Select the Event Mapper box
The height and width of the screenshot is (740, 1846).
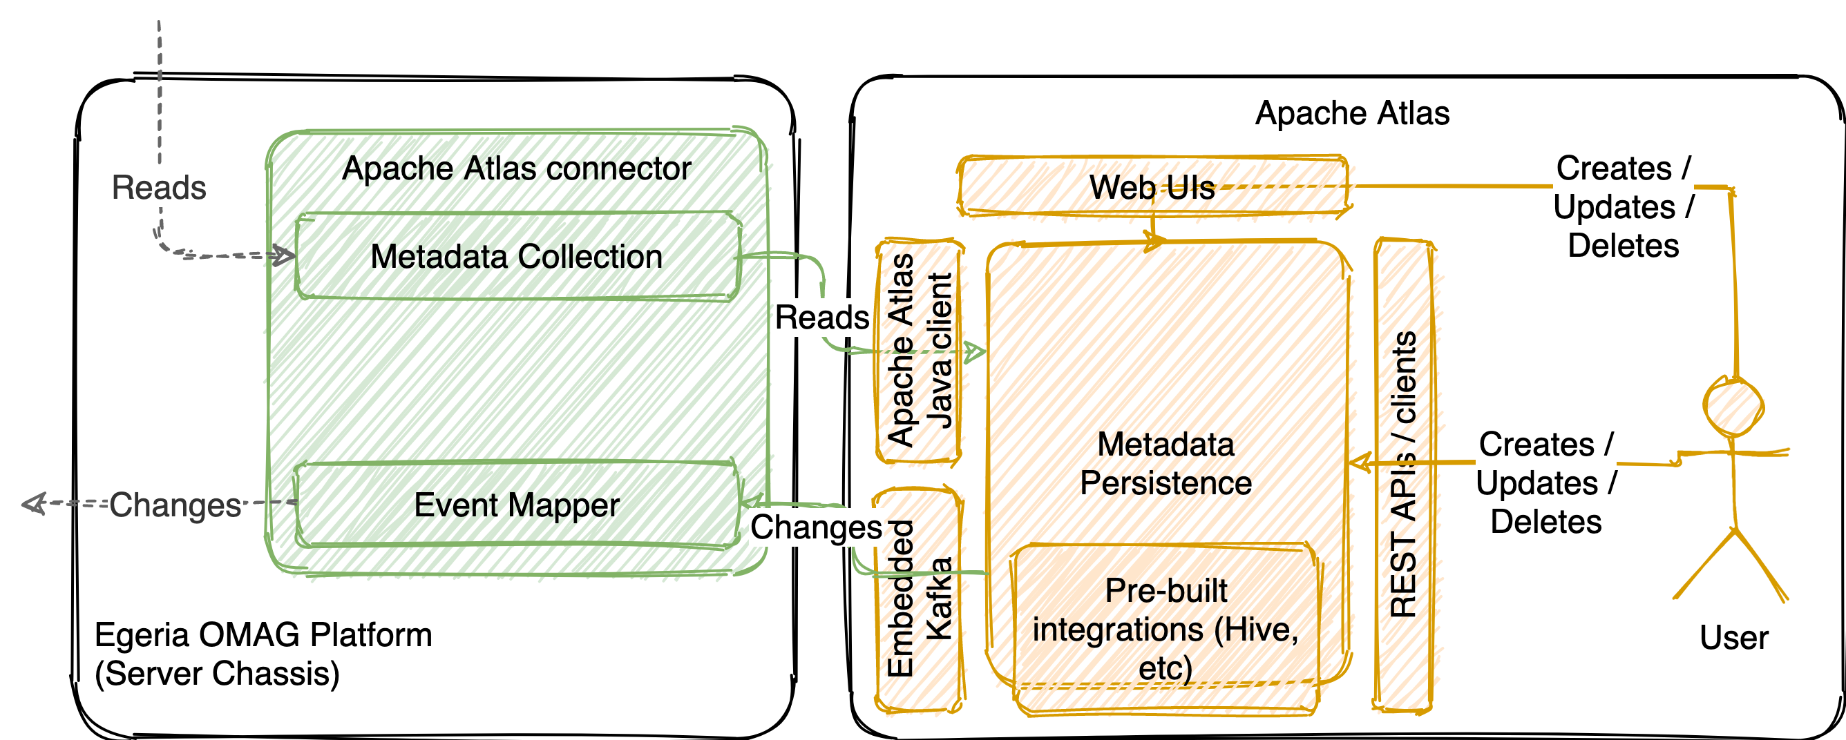[516, 505]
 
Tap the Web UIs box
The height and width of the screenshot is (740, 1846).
[1152, 187]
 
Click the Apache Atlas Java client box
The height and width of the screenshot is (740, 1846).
[919, 351]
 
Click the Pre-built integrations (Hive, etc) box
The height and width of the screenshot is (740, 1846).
[1165, 629]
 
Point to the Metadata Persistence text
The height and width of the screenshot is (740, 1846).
[1165, 463]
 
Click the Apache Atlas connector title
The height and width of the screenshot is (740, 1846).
[516, 168]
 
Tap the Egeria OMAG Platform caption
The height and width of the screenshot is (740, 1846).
[263, 653]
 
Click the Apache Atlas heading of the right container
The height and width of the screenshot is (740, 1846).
[1351, 113]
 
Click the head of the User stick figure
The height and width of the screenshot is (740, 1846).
[1733, 407]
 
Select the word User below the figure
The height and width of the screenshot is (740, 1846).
[1733, 638]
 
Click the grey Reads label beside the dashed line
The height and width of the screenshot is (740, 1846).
[159, 188]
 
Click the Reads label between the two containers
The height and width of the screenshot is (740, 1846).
[821, 318]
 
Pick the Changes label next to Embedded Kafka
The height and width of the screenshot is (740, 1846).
[815, 527]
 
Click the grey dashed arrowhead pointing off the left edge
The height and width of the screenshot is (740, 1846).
[32, 504]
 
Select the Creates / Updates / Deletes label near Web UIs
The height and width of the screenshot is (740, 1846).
[1622, 207]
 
